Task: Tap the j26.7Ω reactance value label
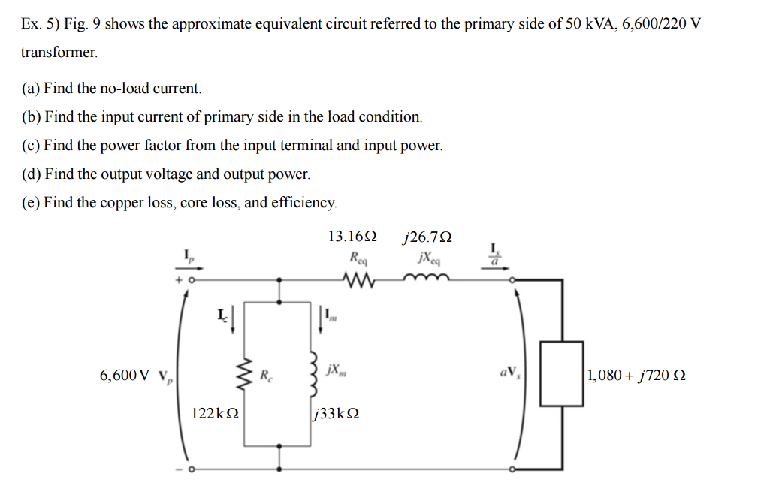[427, 237]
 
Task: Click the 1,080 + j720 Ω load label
[637, 375]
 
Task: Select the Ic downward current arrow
[232, 319]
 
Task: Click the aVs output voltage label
[507, 373]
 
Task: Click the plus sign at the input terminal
[179, 279]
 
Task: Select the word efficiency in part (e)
[306, 203]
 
